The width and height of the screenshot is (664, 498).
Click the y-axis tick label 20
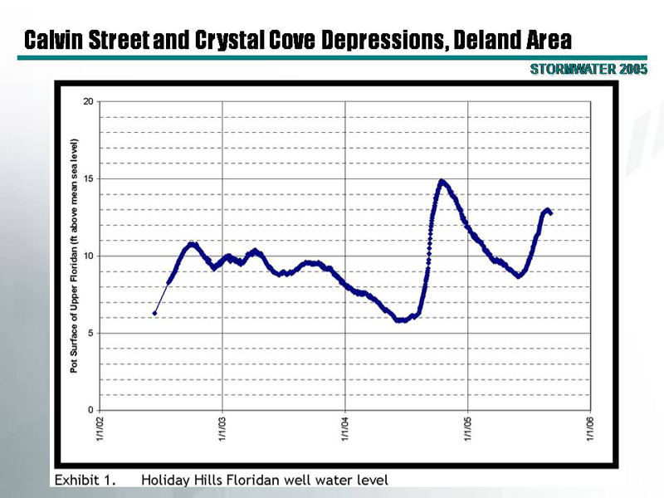point(88,101)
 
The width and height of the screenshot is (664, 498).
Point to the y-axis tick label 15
point(88,178)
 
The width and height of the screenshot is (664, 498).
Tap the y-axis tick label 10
point(88,256)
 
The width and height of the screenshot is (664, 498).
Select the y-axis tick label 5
point(90,333)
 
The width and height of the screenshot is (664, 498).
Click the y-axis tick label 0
point(90,410)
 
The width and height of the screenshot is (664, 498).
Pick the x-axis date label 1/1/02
point(100,431)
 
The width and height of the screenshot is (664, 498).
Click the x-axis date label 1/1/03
point(222,431)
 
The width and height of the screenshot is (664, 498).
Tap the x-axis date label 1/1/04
point(345,431)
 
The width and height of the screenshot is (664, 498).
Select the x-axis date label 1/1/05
point(467,431)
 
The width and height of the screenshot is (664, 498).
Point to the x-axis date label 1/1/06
point(590,431)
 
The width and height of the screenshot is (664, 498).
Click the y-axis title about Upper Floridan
point(74,256)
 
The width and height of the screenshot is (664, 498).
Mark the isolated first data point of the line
point(155,313)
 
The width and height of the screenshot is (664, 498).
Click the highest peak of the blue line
point(442,181)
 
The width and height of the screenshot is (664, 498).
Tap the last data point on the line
point(551,213)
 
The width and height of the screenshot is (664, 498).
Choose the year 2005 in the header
point(632,70)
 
